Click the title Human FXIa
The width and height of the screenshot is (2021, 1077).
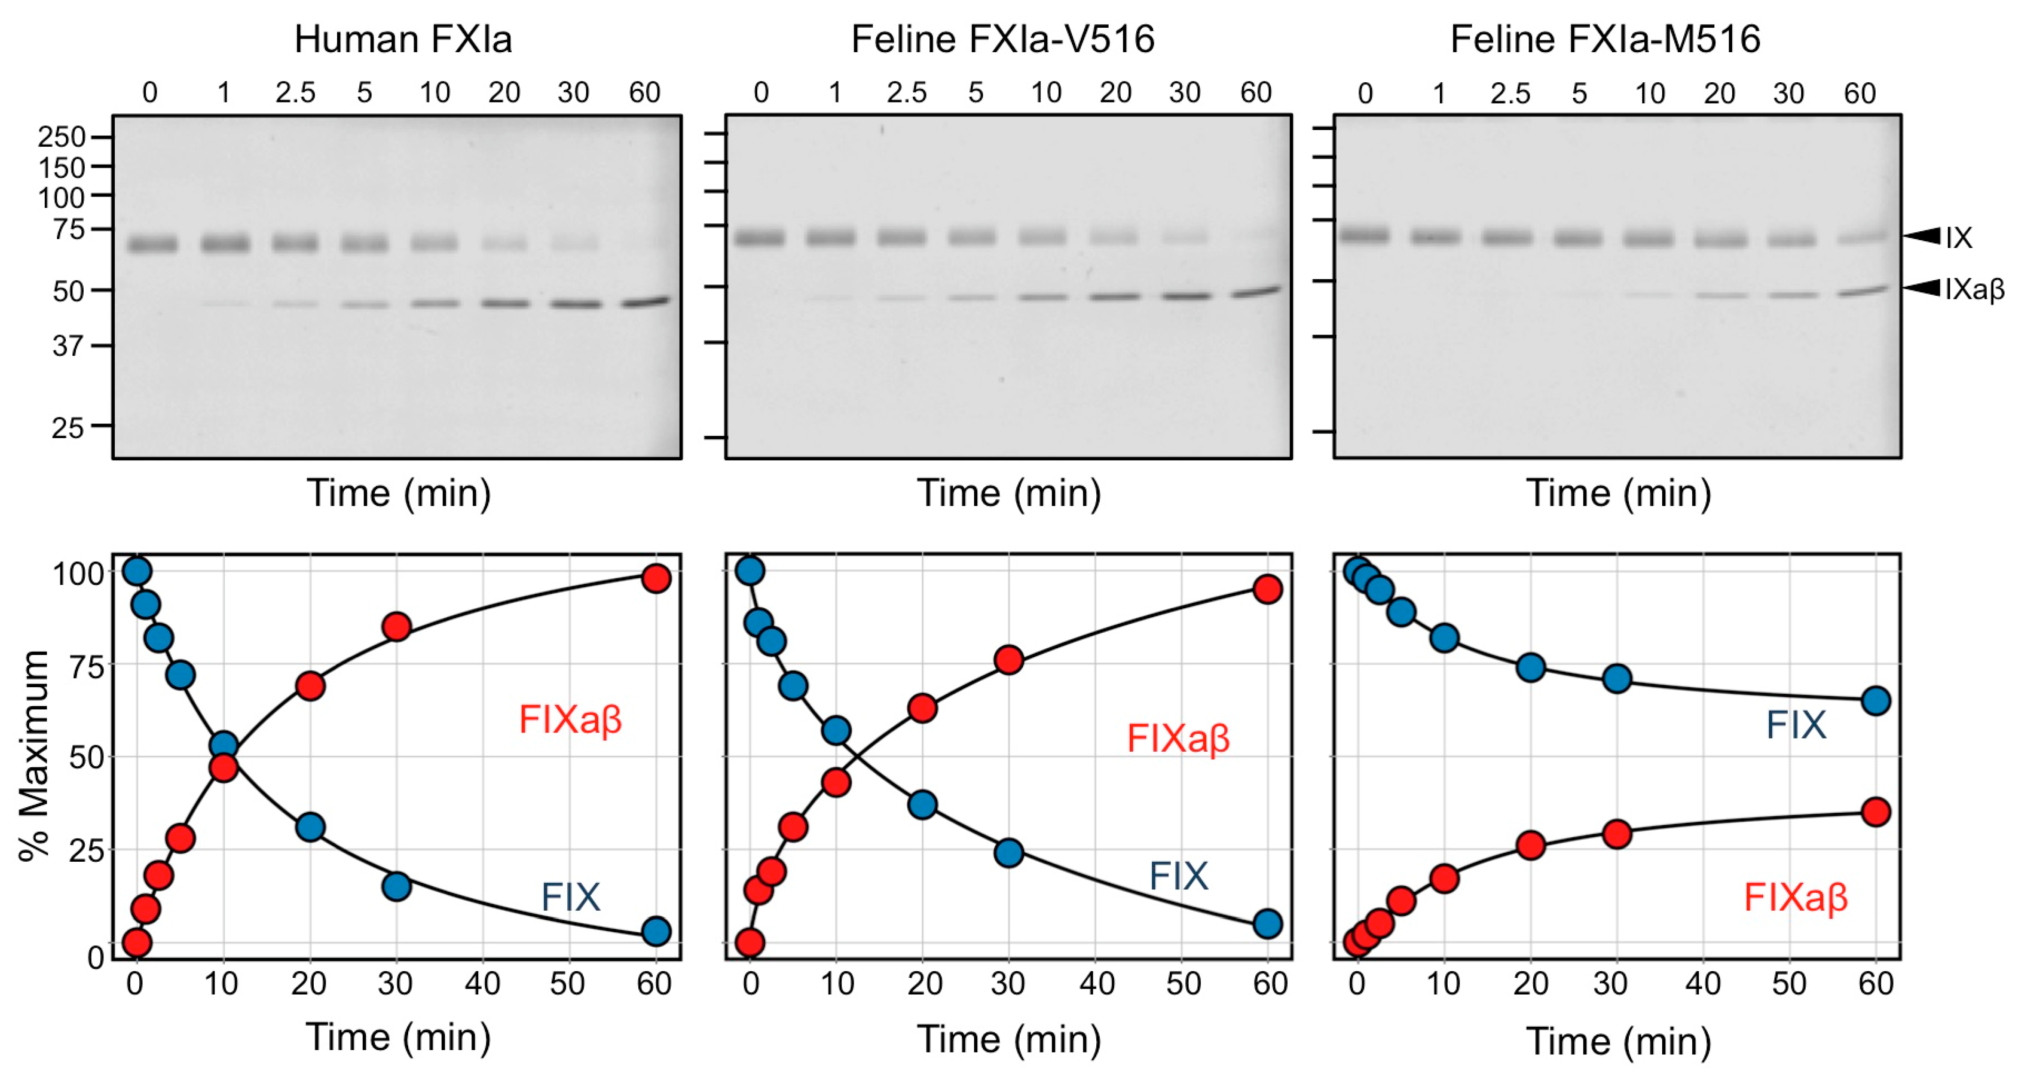403,39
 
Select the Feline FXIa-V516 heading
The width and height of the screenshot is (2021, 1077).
1003,39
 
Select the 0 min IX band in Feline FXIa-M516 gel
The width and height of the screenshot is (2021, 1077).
1364,235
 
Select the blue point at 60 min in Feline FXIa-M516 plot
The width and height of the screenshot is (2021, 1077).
1875,700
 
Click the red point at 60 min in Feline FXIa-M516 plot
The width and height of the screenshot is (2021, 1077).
1875,812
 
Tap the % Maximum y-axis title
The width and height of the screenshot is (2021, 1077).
34,755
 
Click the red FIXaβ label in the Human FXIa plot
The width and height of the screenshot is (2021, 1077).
571,719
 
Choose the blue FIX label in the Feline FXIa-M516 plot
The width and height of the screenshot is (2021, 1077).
1796,725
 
